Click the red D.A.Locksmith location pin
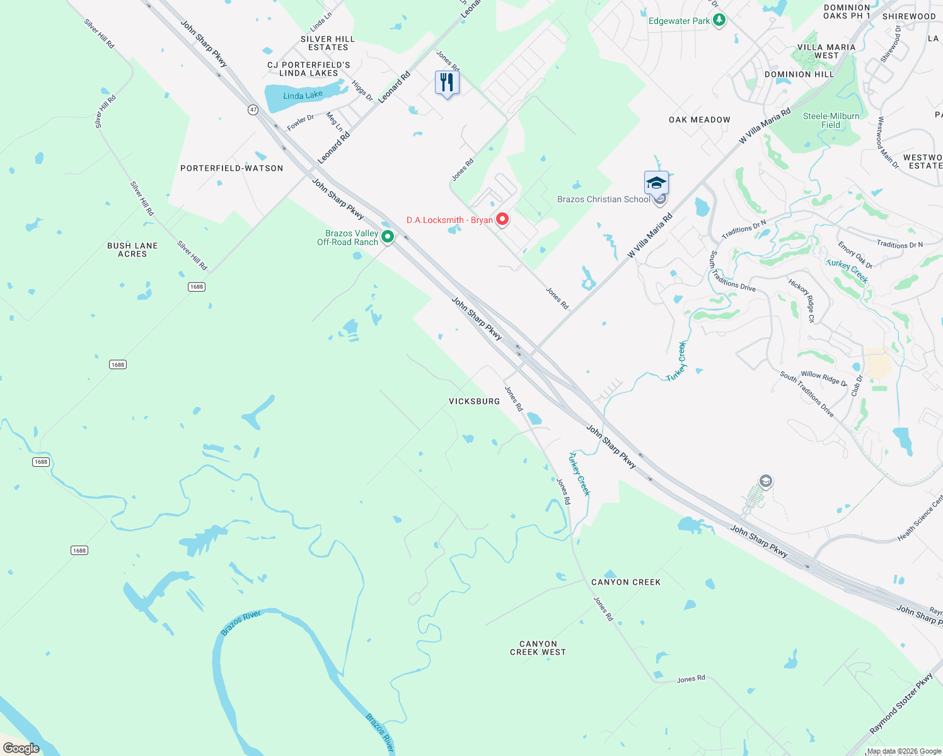tap(502, 219)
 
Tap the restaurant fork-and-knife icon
tap(447, 83)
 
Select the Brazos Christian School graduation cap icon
tap(656, 183)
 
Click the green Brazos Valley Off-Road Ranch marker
tap(388, 237)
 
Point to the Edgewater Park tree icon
tap(719, 20)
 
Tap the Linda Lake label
tap(303, 96)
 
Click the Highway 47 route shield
tap(253, 110)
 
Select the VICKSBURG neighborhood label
tap(474, 401)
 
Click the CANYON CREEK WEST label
tap(538, 648)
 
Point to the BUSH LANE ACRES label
tap(132, 250)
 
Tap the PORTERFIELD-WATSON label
tap(232, 168)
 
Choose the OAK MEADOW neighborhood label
tap(699, 120)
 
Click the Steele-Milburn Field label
tap(831, 120)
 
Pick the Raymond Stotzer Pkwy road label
tap(901, 703)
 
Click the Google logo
tap(21, 748)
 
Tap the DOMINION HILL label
tap(799, 74)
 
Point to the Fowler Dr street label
tap(301, 123)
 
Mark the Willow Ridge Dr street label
tap(824, 379)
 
